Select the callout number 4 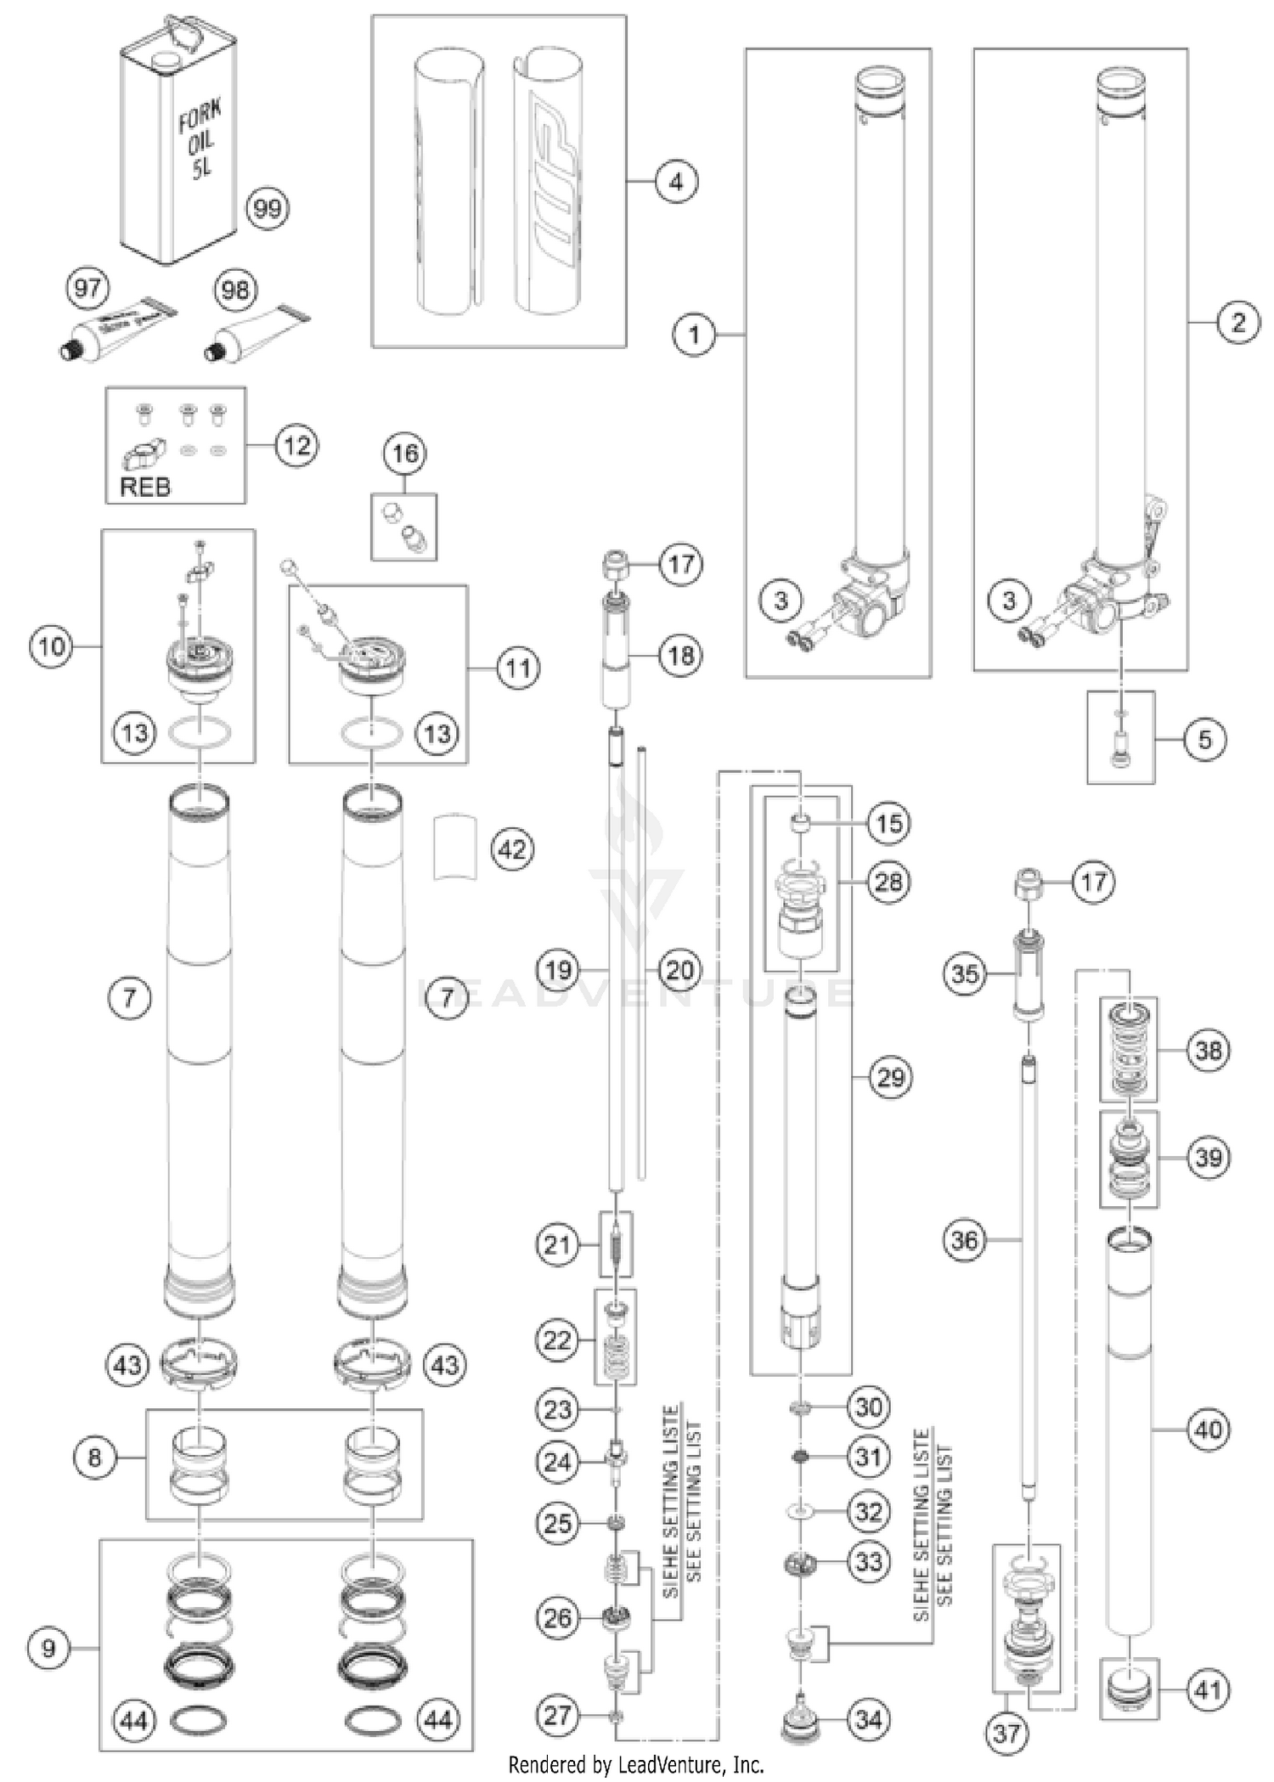(676, 182)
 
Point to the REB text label (145, 487)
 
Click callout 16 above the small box (404, 454)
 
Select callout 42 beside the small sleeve (512, 849)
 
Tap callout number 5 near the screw (1205, 739)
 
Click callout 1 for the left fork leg (695, 335)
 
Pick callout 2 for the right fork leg (1237, 322)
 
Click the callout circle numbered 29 (890, 1078)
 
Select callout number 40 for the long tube (1208, 1430)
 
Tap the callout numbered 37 (1006, 1732)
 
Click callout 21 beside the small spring (558, 1245)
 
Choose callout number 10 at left (52, 646)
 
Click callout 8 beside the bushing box (94, 1458)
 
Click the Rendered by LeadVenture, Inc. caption (635, 1765)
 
